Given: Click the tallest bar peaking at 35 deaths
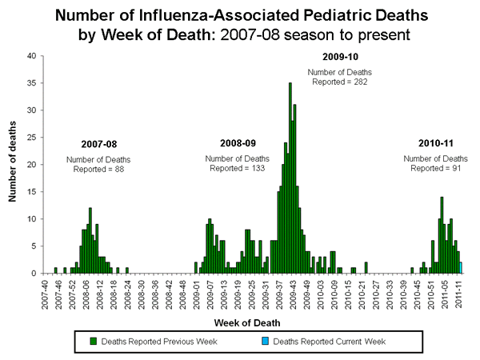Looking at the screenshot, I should pos(290,178).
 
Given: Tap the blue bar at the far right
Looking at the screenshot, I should pos(461,267).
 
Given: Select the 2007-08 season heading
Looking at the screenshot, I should pos(98,144).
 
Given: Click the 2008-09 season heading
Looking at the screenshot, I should pos(238,142).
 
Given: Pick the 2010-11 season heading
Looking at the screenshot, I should pos(436,142).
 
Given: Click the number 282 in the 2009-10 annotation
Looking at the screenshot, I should pos(358,82).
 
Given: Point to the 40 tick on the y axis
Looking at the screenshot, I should pos(30,56).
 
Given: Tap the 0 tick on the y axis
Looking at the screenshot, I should pos(33,274).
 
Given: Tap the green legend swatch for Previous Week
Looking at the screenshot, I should pos(94,342).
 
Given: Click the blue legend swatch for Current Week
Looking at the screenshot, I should pos(266,342).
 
